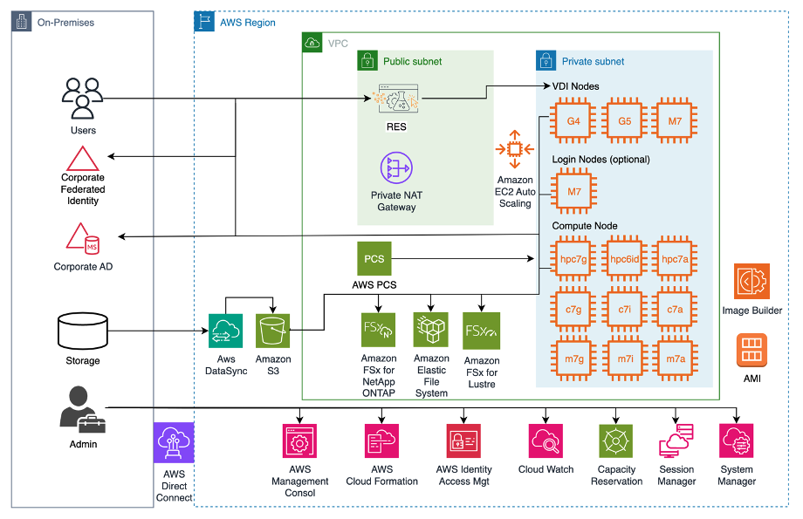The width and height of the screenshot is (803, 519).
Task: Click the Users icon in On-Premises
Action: click(83, 98)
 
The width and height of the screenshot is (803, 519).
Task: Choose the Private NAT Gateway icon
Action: click(397, 171)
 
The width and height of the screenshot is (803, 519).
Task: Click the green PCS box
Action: click(374, 259)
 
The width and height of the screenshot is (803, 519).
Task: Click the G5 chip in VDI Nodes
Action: click(624, 121)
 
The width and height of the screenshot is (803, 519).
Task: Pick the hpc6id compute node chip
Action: click(624, 259)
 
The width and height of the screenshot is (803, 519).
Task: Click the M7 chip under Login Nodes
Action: click(573, 191)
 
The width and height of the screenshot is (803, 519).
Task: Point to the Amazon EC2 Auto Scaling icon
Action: click(515, 149)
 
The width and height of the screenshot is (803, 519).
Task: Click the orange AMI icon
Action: click(752, 352)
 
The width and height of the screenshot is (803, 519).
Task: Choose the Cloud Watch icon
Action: click(546, 442)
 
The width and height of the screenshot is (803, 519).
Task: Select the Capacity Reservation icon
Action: click(616, 442)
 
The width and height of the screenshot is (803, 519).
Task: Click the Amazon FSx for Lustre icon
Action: click(481, 331)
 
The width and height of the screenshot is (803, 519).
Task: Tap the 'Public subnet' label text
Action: click(412, 62)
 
